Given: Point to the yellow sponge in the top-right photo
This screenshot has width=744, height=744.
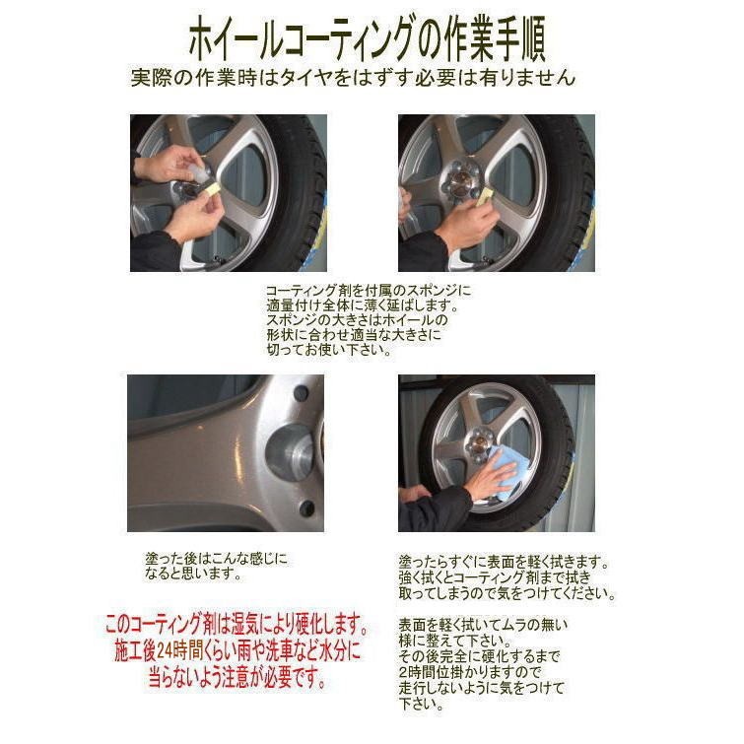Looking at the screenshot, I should point(485,194).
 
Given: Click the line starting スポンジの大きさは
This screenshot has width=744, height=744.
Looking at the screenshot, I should point(357,320).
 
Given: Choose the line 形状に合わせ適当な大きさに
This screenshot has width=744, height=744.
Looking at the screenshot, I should point(353,335).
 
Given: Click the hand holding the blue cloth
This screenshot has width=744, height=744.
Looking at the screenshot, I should point(490,483).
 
